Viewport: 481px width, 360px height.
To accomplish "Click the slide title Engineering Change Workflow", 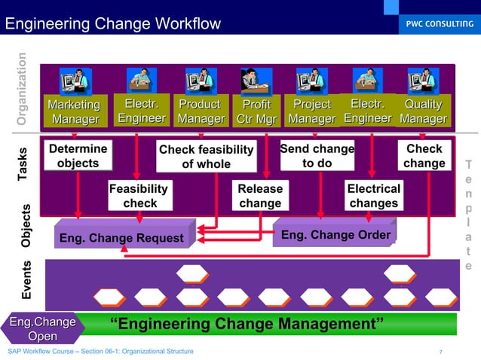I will [113, 24].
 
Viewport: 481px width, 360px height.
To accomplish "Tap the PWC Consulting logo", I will [437, 23].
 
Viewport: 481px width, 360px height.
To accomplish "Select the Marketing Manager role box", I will [74, 111].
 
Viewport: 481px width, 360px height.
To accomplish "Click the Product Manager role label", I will [201, 111].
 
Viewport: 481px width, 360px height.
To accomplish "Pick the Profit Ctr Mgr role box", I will [257, 111].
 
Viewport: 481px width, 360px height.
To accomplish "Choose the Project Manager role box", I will [312, 111].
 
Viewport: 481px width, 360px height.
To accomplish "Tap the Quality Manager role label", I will [423, 111].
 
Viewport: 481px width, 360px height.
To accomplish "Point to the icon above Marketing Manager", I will [75, 80].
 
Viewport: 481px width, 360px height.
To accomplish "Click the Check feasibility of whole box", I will [206, 157].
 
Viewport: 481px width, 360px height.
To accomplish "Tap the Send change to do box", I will [317, 155].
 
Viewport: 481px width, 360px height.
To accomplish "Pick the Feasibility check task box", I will [139, 195].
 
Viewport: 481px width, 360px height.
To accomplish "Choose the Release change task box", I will [260, 195].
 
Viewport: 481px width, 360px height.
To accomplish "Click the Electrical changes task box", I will [373, 195].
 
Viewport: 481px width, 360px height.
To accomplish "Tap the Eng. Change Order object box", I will [335, 235].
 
